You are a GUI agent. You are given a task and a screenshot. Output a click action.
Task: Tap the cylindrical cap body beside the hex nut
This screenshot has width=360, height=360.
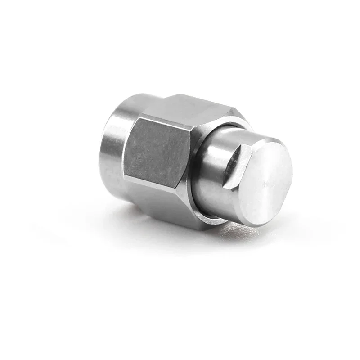click(211, 180)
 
